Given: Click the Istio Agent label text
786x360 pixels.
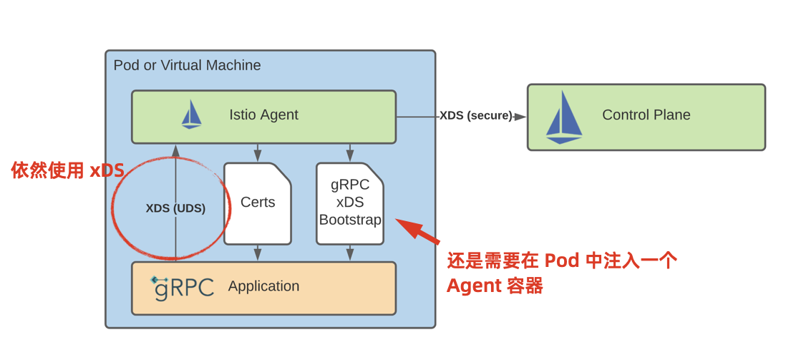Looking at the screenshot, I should (x=263, y=115).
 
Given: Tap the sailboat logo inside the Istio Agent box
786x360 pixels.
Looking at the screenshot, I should (x=191, y=115).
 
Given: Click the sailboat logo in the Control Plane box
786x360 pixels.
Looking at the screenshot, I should (x=563, y=117).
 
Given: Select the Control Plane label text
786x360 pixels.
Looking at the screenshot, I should (x=646, y=115).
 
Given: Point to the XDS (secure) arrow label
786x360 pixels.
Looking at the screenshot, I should (x=475, y=116).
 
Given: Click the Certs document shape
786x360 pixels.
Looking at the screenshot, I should (x=258, y=203).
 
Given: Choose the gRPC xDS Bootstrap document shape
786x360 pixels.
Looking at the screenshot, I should (x=350, y=203).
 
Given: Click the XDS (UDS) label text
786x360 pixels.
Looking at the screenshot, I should (x=175, y=208).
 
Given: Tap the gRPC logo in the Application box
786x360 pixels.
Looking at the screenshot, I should (x=183, y=287).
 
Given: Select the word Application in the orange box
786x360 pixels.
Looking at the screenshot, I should (x=263, y=286).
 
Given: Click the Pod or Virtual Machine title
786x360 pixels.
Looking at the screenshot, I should (x=187, y=65).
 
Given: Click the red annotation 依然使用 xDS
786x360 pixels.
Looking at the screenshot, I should (x=67, y=170).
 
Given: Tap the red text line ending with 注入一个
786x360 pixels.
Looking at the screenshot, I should (x=561, y=261).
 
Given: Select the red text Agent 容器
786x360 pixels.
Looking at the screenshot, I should (x=494, y=286).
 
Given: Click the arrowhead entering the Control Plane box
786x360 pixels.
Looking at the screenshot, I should (x=520, y=117).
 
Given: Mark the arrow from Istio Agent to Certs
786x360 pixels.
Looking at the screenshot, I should (x=258, y=153).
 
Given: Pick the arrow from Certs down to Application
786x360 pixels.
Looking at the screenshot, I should (x=258, y=253).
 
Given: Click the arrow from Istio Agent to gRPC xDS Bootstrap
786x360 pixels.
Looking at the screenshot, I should (x=350, y=153).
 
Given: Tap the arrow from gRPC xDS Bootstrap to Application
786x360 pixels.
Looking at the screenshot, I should (x=350, y=253).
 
